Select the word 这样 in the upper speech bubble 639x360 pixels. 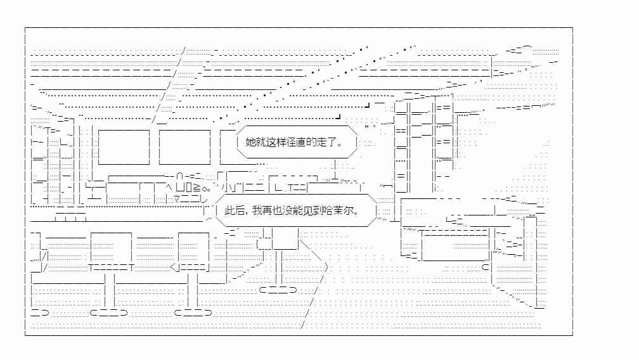275,142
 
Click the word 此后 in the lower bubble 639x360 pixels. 235,211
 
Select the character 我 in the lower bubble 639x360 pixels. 257,211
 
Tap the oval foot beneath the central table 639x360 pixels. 278,290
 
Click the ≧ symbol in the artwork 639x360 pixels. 197,188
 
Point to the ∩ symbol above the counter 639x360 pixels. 179,176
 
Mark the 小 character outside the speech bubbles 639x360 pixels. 226,188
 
